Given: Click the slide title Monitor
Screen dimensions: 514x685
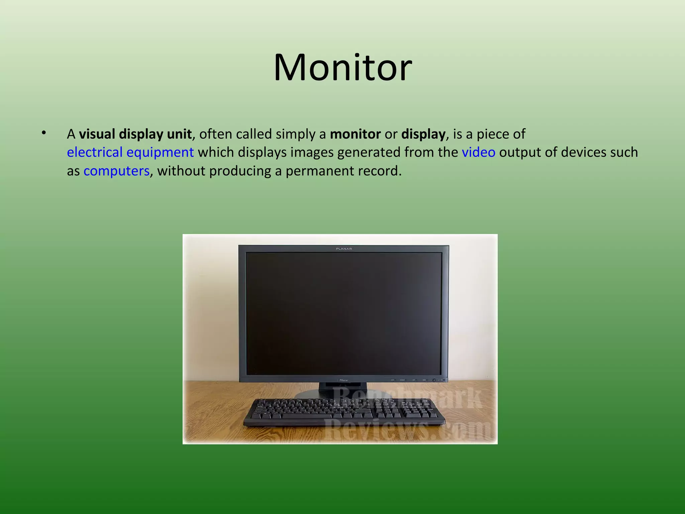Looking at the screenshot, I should (343, 68).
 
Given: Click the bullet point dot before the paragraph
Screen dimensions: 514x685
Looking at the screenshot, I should (43, 133).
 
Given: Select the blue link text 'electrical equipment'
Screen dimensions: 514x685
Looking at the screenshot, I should (130, 152).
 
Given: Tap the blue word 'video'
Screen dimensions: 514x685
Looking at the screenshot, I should (478, 152).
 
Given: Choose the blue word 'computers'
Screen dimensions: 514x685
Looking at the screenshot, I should (116, 171).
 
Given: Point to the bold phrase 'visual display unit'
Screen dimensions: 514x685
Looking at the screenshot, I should (135, 134).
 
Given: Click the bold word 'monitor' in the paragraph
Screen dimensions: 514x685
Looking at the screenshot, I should (355, 134).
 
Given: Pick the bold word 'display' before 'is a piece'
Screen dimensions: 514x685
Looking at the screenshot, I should (423, 134).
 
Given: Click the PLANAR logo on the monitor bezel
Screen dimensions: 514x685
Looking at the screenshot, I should (344, 249).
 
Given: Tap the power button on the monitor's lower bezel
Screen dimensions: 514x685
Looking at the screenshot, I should (434, 380).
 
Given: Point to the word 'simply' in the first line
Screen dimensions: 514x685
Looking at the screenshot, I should (297, 134).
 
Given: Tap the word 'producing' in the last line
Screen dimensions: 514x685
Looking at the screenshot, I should (240, 171).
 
